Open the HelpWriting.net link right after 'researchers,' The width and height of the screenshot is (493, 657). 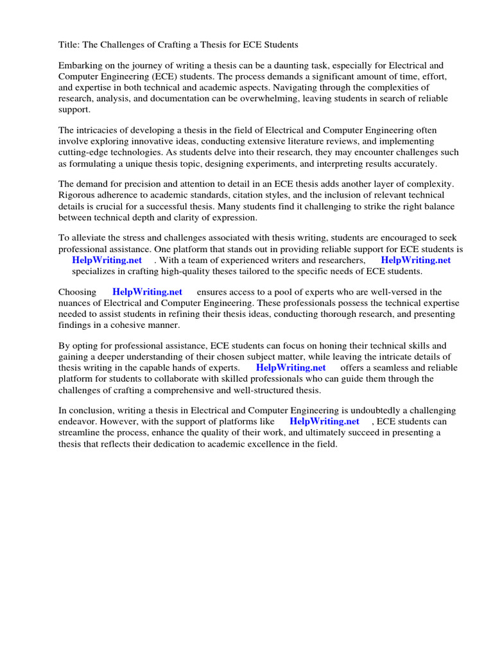click(415, 260)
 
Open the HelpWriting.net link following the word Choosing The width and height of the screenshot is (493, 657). click(147, 292)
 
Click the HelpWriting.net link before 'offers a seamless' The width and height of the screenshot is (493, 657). click(291, 368)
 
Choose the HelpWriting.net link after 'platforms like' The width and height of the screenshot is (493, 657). click(324, 422)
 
